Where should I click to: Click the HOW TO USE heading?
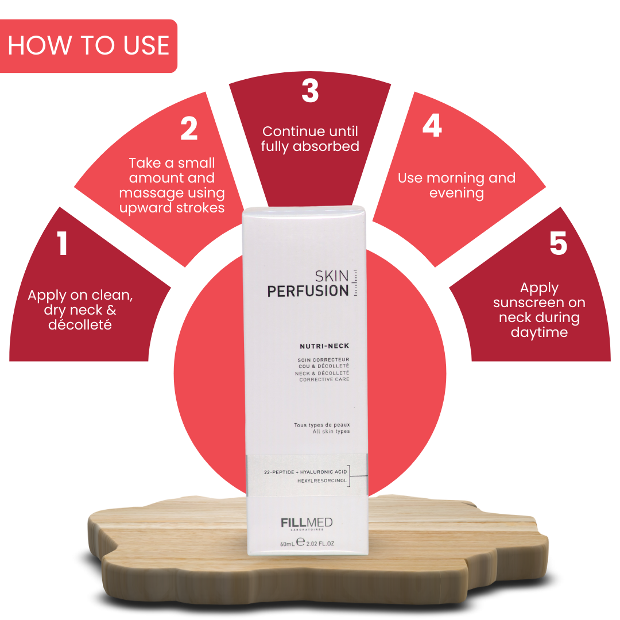pyautogui.click(x=88, y=46)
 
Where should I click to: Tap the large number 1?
pyautogui.click(x=63, y=243)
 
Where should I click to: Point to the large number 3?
pyautogui.click(x=310, y=91)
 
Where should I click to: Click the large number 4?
pyautogui.click(x=432, y=126)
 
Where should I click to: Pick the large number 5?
pyautogui.click(x=558, y=243)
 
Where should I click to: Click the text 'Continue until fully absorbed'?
pyautogui.click(x=310, y=139)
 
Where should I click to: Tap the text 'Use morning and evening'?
pyautogui.click(x=456, y=185)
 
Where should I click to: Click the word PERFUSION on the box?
pyautogui.click(x=308, y=291)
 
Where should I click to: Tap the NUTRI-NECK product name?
pyautogui.click(x=324, y=346)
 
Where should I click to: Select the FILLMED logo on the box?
pyautogui.click(x=307, y=523)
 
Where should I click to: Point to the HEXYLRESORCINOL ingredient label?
pyautogui.click(x=322, y=480)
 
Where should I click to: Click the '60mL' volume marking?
pyautogui.click(x=286, y=544)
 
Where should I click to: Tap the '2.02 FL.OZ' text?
pyautogui.click(x=320, y=544)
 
